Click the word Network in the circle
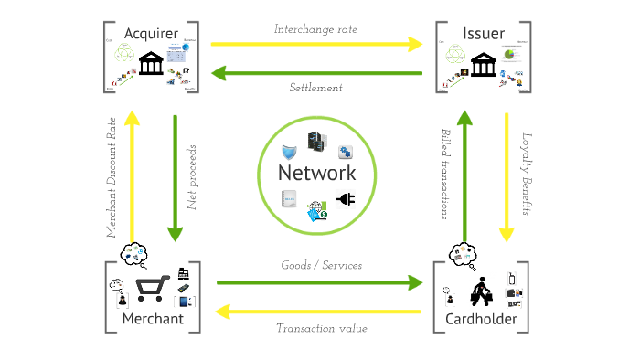(x=316, y=174)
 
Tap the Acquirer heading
(x=151, y=34)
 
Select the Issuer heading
(x=484, y=34)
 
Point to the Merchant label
(x=153, y=319)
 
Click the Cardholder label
(x=481, y=319)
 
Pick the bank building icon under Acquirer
(x=151, y=63)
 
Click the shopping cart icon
(x=152, y=289)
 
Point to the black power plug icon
(x=346, y=199)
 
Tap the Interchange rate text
(x=315, y=29)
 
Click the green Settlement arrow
(x=316, y=72)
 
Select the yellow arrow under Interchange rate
(x=315, y=43)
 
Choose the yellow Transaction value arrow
(x=316, y=312)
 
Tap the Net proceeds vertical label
(x=192, y=177)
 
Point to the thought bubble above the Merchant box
(x=133, y=252)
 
